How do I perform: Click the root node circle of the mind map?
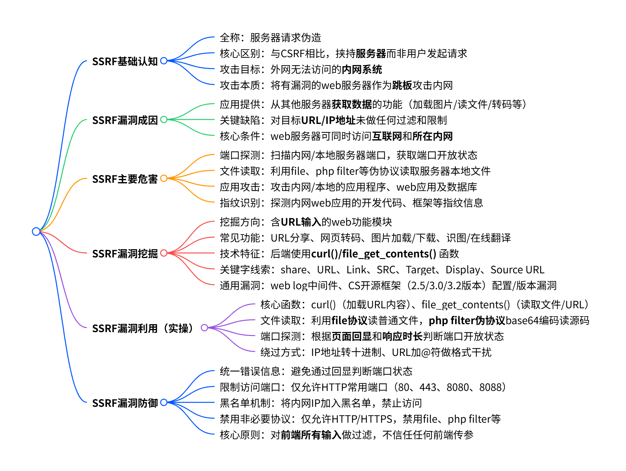[36, 231]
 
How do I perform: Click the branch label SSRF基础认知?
[125, 61]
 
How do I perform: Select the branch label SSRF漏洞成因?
[125, 120]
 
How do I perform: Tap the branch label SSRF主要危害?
[125, 179]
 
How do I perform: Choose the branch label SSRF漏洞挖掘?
[125, 254]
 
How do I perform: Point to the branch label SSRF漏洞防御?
[125, 403]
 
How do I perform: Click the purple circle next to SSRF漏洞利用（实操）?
[204, 328]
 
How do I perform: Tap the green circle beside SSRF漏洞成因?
[164, 119]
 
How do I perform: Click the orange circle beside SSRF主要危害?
[164, 178]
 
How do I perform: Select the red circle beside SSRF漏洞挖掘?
[164, 253]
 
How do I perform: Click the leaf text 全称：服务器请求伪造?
[270, 38]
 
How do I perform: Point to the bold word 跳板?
[402, 85]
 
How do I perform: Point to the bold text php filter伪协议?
[467, 320]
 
